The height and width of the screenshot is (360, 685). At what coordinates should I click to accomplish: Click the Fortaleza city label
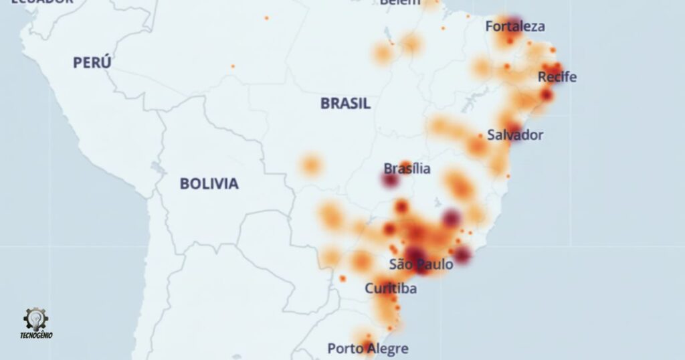(515, 27)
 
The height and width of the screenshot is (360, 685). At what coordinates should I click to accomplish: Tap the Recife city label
(557, 77)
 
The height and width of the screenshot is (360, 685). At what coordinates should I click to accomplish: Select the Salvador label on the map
(515, 134)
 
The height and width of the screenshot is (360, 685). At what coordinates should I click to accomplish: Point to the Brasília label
(407, 169)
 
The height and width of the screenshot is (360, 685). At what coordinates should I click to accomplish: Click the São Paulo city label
(421, 264)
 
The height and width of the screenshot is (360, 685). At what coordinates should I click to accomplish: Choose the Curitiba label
(391, 289)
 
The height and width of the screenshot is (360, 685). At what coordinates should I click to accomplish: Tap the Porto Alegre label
(367, 349)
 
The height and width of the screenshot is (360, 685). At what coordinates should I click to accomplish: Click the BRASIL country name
(345, 104)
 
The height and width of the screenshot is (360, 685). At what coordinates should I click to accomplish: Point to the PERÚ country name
(92, 63)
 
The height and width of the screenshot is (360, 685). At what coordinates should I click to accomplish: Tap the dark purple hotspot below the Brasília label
(390, 180)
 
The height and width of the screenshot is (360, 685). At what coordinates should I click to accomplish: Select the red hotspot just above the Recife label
(555, 68)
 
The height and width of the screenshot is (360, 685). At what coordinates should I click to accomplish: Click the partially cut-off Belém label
(400, 2)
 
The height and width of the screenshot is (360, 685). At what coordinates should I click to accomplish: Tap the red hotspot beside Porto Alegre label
(367, 346)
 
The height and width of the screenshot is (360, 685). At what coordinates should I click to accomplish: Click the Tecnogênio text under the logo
(36, 335)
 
